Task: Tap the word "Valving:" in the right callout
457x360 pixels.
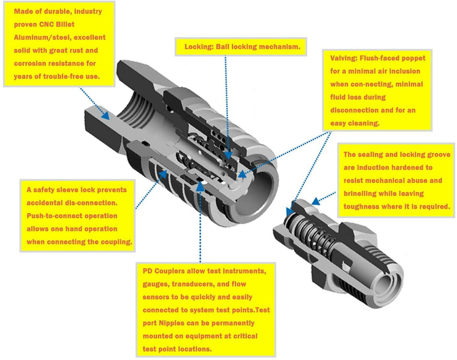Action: [x=344, y=58]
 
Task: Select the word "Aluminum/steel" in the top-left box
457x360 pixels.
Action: [x=35, y=37]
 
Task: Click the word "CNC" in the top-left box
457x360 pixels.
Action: [x=46, y=24]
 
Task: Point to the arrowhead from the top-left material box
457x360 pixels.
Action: [x=106, y=116]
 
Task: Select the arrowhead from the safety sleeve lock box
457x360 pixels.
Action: [x=163, y=174]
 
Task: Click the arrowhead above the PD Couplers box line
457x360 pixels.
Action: [x=200, y=186]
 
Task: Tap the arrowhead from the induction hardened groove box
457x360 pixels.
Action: [x=316, y=201]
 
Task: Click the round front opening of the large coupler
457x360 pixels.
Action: [x=255, y=192]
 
